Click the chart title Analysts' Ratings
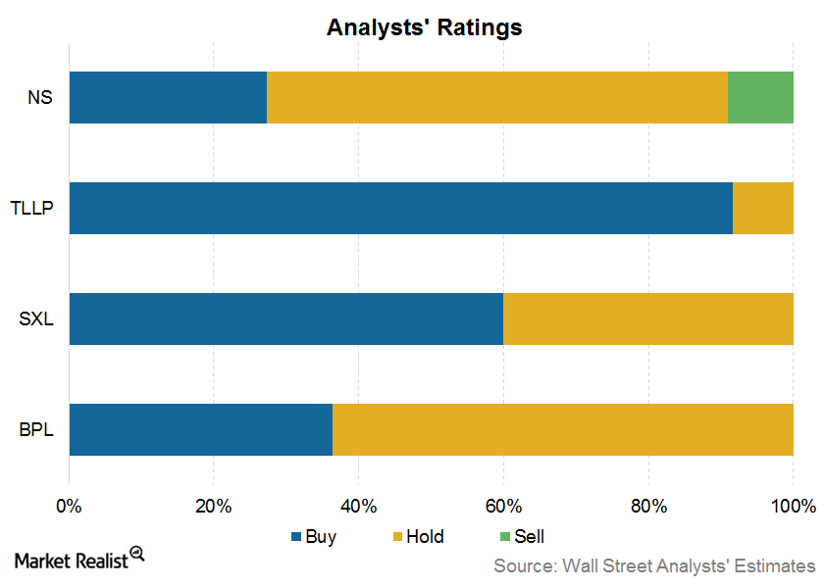[424, 27]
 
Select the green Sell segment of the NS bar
[760, 97]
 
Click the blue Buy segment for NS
[168, 97]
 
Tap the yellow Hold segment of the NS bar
[496, 97]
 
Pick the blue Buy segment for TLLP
[400, 208]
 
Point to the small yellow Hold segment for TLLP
[763, 208]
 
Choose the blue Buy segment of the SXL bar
[285, 318]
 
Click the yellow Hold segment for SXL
[648, 318]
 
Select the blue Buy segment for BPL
[200, 429]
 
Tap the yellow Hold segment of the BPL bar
[563, 429]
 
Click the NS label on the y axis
[40, 97]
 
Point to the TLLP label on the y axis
[33, 208]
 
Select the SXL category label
[36, 318]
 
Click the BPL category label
[36, 429]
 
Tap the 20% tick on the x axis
[214, 506]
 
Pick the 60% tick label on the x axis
[503, 506]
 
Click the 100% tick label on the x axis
[794, 506]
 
